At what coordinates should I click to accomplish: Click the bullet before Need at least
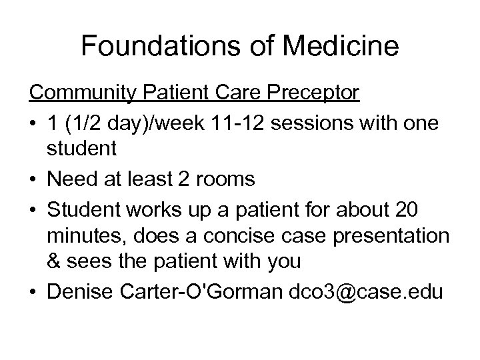(33, 179)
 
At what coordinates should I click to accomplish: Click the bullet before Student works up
(33, 207)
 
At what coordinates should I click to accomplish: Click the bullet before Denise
(33, 291)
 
